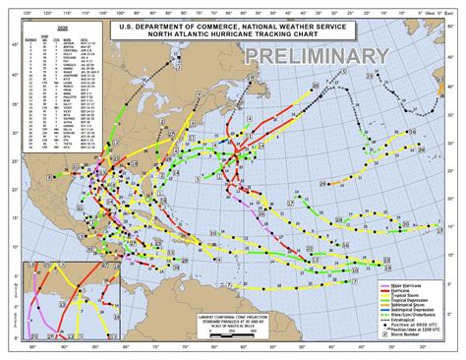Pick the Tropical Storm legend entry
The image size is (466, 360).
pyautogui.click(x=398, y=296)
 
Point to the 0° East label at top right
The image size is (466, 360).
pyautogui.click(x=451, y=6)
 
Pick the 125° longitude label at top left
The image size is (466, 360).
pyautogui.click(x=12, y=6)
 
